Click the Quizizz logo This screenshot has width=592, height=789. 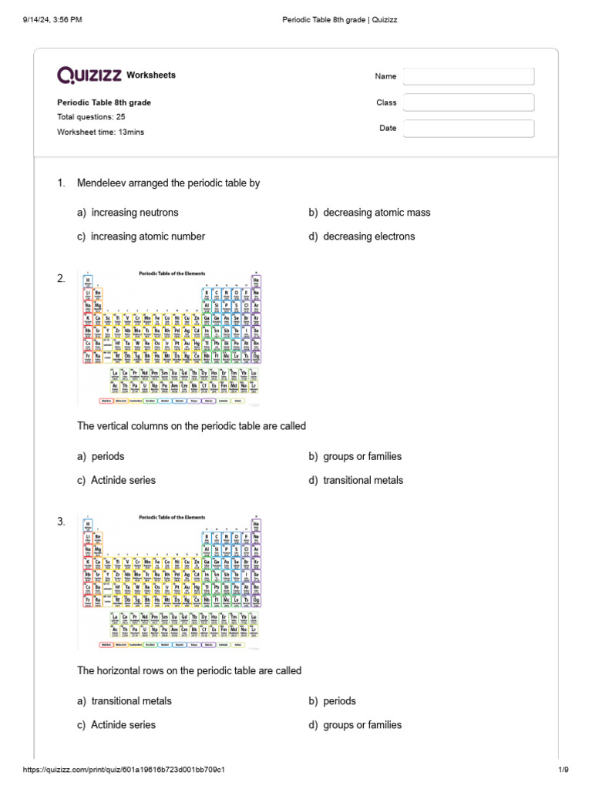(90, 75)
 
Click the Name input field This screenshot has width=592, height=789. (469, 76)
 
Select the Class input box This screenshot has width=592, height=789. (469, 102)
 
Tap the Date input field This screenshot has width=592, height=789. (469, 128)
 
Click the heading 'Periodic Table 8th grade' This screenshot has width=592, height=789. (104, 102)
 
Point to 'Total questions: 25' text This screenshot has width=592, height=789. (91, 116)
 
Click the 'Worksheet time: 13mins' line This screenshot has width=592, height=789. (100, 132)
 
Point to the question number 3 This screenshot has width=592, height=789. (62, 522)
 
